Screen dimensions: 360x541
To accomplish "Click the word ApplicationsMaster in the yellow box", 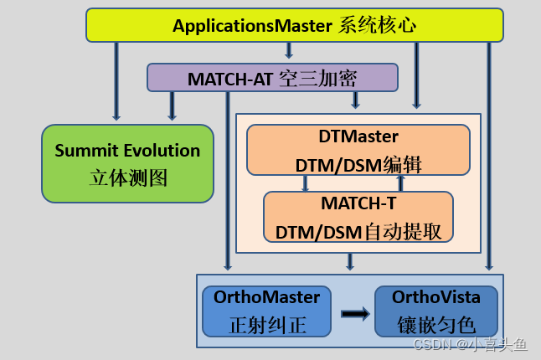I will pyautogui.click(x=252, y=25).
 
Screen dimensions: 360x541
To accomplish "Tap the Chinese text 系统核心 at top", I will pyautogui.click(x=377, y=25).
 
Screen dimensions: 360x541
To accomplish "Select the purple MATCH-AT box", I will pyautogui.click(x=272, y=79).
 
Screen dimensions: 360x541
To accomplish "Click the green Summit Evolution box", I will pyautogui.click(x=127, y=164).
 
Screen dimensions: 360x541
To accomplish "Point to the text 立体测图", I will pyautogui.click(x=127, y=177).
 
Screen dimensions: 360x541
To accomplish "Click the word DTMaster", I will pyautogui.click(x=358, y=136).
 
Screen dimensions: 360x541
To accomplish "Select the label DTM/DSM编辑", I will pyautogui.click(x=358, y=164).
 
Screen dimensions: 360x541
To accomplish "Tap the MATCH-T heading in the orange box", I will pyautogui.click(x=358, y=203).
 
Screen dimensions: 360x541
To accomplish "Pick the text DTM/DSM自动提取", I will pyautogui.click(x=358, y=231).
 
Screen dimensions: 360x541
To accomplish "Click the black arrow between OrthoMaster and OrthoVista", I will pyautogui.click(x=355, y=313).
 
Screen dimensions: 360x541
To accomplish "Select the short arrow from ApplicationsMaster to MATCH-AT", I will pyautogui.click(x=289, y=51).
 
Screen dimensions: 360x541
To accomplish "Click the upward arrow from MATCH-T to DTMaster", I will pyautogui.click(x=400, y=183).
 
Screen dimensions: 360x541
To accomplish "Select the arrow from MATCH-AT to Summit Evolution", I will pyautogui.click(x=173, y=106).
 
